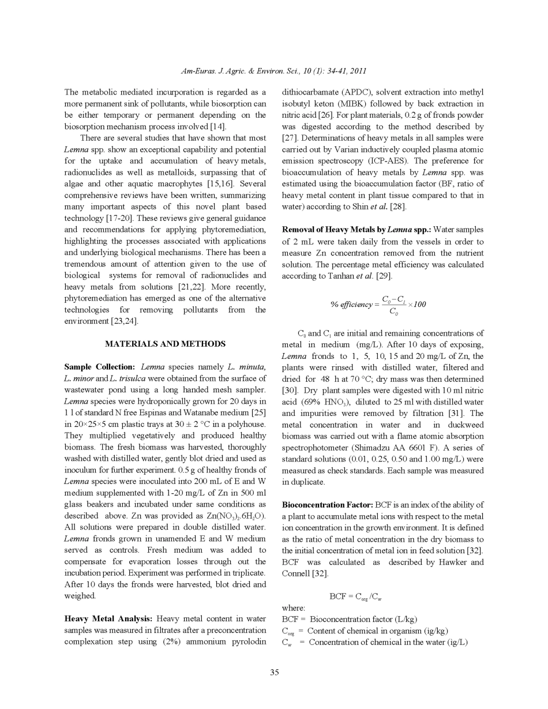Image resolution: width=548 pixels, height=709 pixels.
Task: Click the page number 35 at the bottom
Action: [274, 673]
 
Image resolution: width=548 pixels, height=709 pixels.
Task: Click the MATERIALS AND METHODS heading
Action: [165, 344]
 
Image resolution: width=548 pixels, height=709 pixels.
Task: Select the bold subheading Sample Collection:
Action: [99, 367]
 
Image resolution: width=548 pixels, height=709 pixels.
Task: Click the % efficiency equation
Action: [378, 305]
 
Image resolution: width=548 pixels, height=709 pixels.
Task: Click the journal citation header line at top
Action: [274, 72]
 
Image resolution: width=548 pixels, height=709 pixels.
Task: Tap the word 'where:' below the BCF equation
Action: [294, 608]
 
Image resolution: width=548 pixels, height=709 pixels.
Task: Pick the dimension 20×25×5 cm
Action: [95, 425]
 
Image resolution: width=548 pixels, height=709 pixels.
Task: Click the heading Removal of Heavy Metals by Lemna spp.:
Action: [356, 230]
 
